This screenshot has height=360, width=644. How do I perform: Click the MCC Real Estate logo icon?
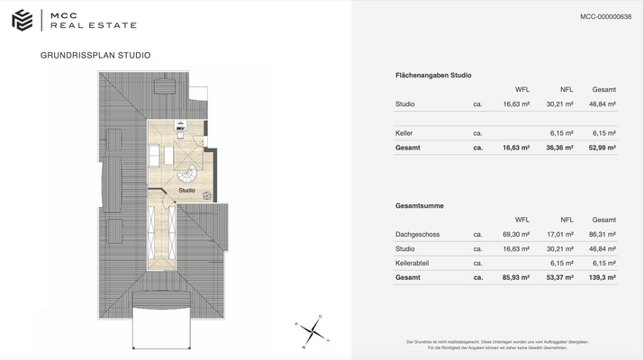(x=22, y=20)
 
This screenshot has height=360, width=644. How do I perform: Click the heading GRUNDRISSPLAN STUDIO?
(x=95, y=56)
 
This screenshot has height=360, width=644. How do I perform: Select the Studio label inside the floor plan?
(x=186, y=191)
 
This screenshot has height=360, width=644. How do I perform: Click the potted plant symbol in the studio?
(x=206, y=194)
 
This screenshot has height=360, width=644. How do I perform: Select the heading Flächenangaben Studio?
(x=433, y=76)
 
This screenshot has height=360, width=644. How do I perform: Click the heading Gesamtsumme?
(x=419, y=206)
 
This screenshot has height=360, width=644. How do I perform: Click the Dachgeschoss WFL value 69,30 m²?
(x=516, y=234)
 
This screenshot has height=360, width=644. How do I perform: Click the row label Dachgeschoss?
(x=418, y=234)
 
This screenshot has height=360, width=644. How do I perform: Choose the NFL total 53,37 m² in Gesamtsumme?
(x=559, y=277)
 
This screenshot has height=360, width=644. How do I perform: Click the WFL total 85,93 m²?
(x=516, y=277)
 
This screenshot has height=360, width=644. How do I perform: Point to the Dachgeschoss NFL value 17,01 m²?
(x=559, y=234)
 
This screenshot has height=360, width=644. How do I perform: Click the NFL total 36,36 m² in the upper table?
(x=559, y=148)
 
